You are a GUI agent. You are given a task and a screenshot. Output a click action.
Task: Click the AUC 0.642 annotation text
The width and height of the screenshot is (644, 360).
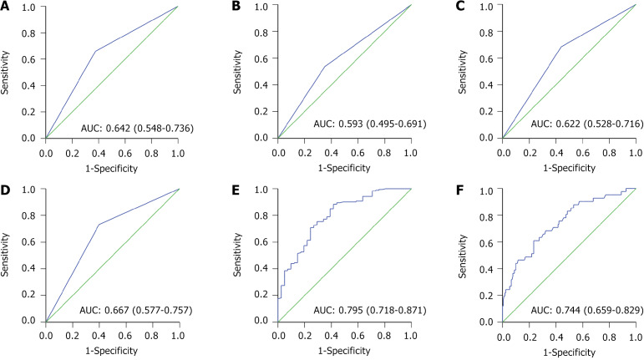coord(135,126)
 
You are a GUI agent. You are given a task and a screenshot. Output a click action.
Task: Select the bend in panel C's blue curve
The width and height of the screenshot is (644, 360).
coord(560,47)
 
